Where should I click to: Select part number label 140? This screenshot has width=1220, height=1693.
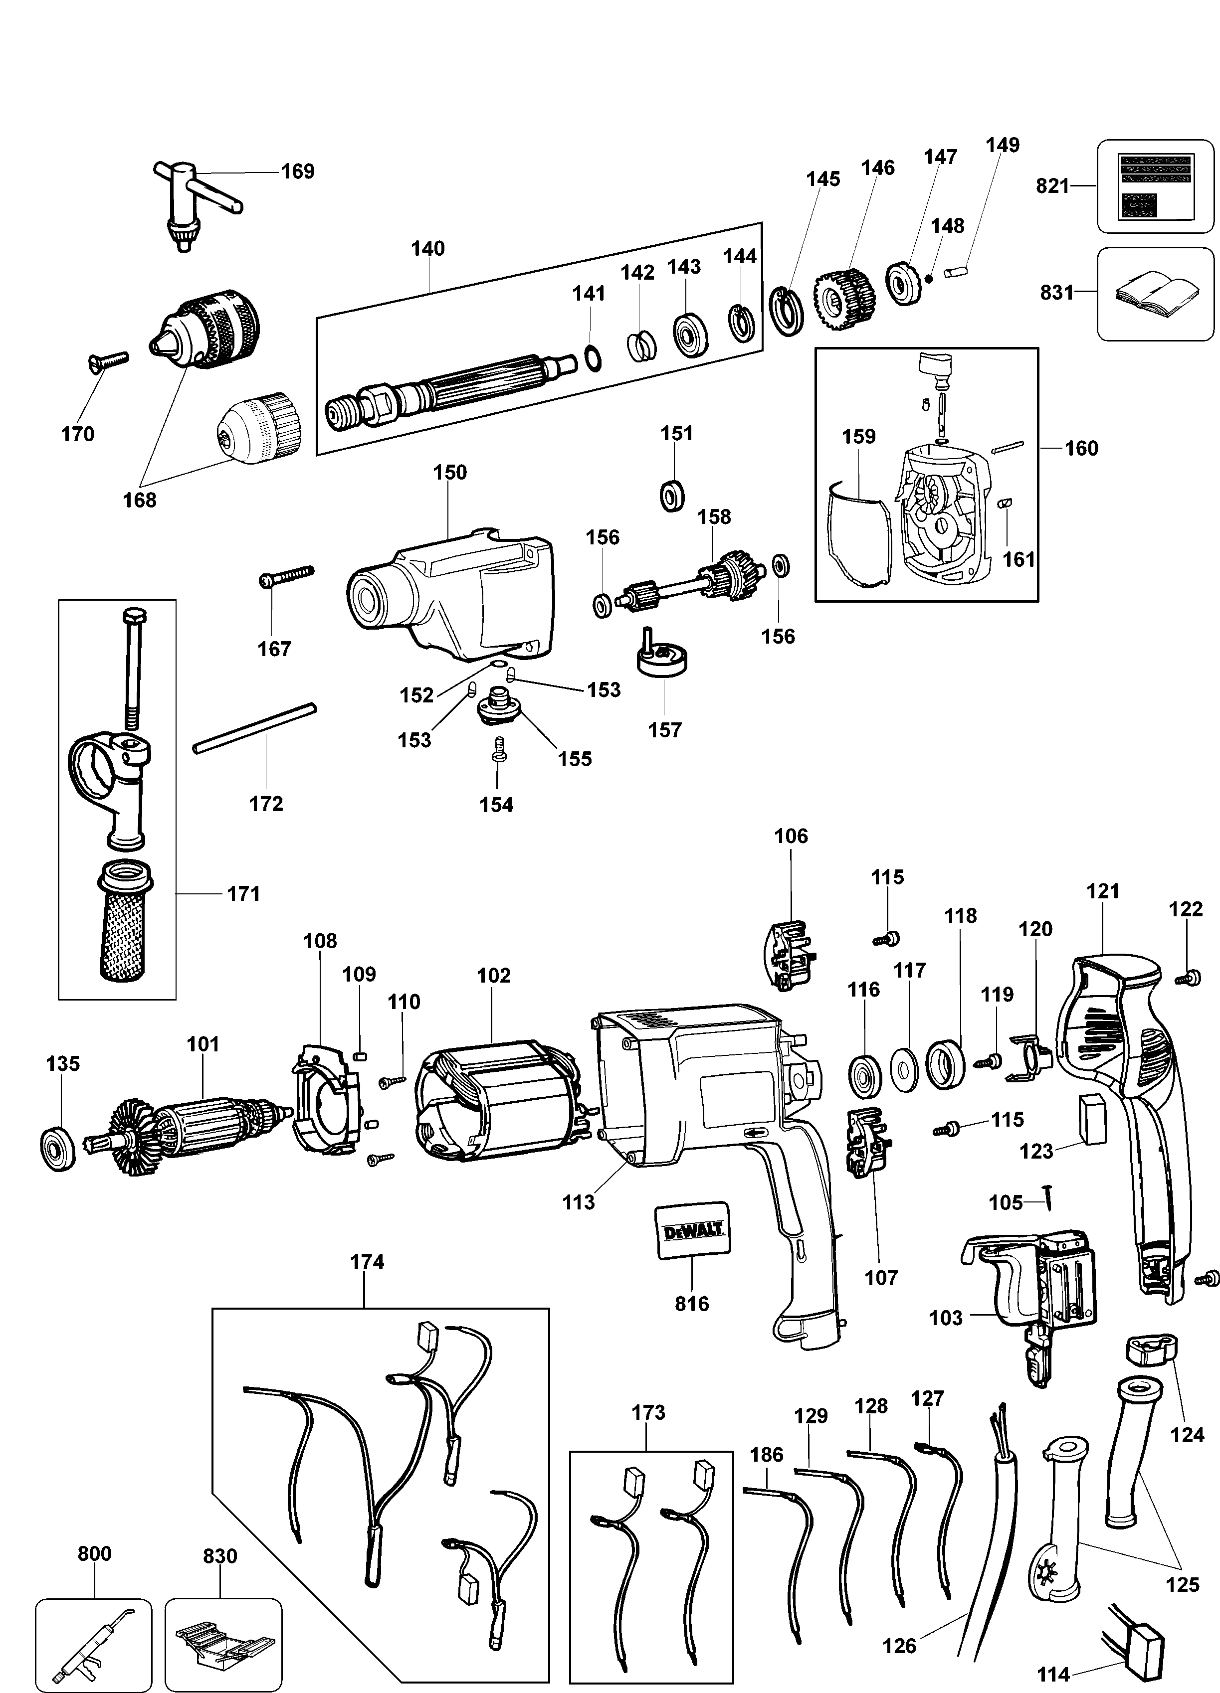pyautogui.click(x=428, y=249)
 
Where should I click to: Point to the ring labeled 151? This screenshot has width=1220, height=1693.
pyautogui.click(x=674, y=496)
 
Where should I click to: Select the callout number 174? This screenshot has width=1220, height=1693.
pyautogui.click(x=367, y=1262)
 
